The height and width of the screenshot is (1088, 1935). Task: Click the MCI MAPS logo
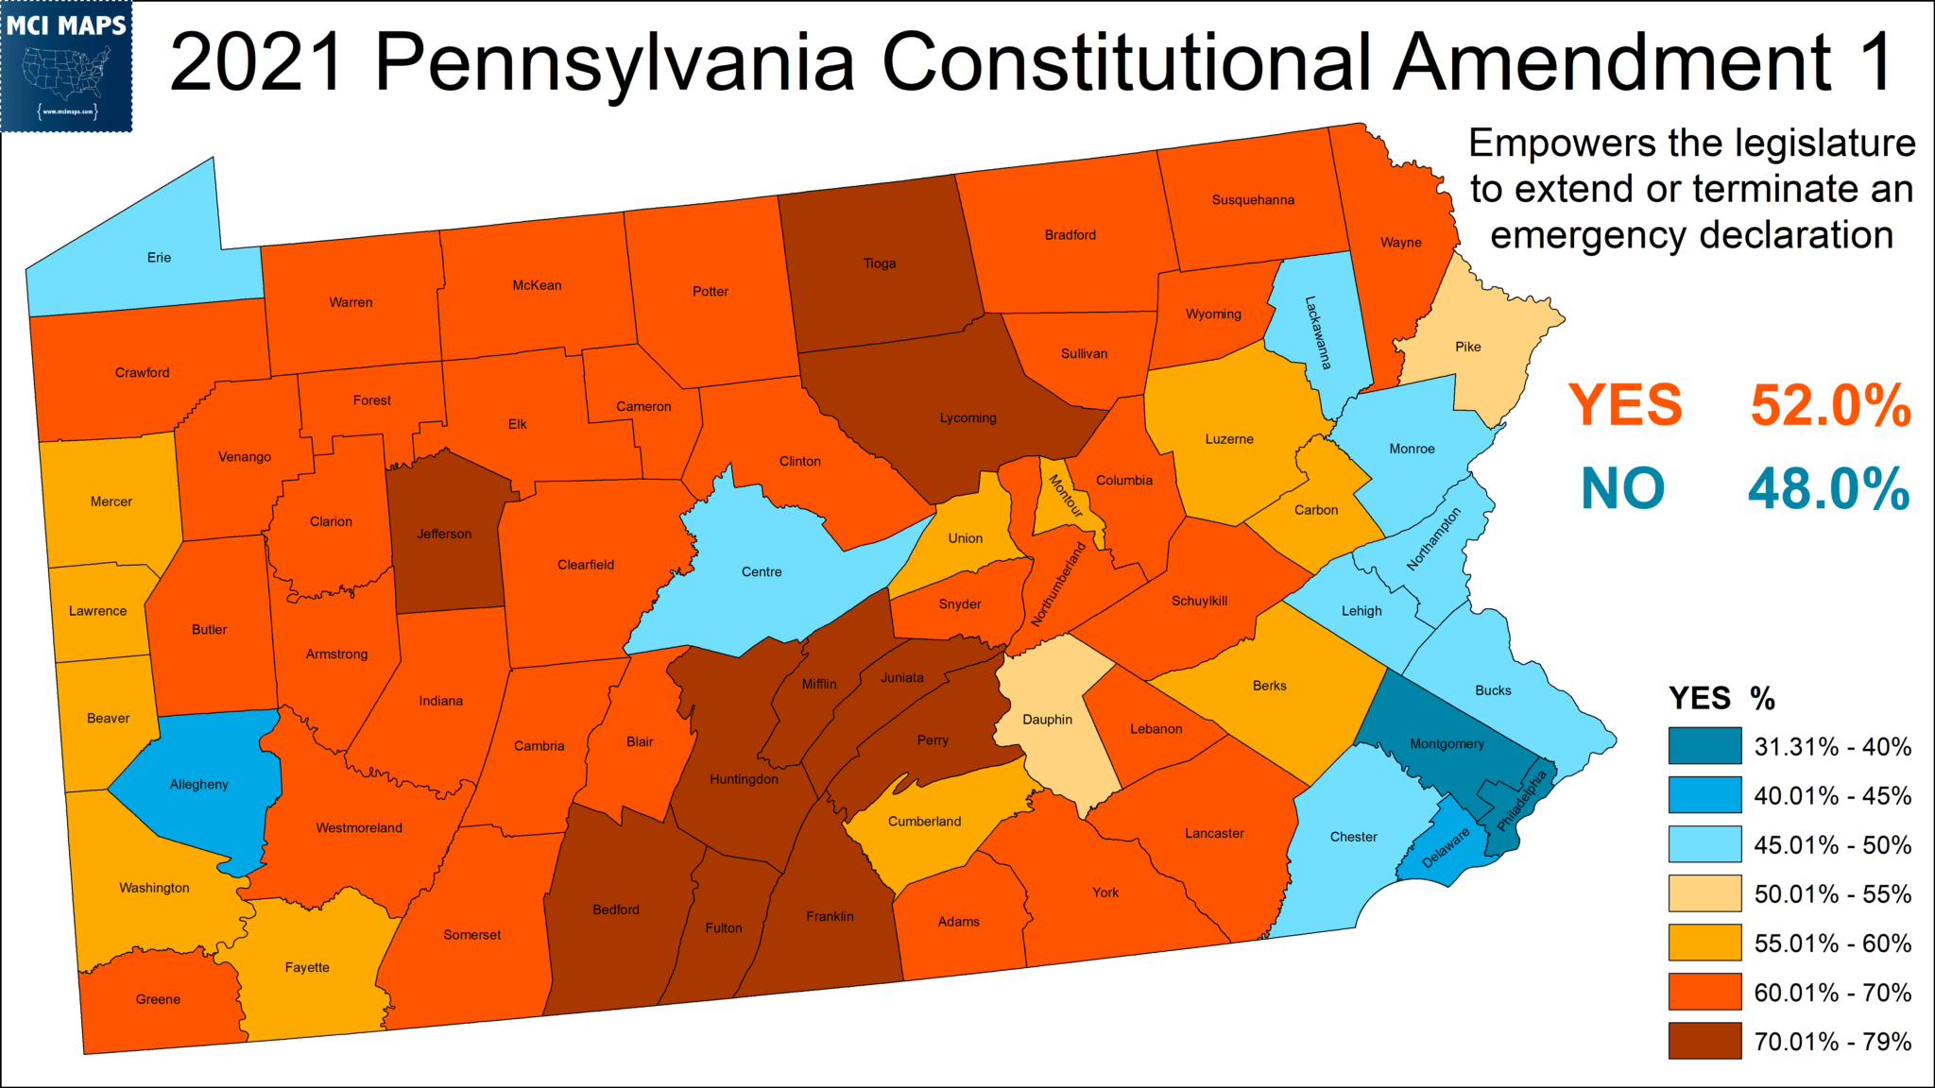click(x=66, y=66)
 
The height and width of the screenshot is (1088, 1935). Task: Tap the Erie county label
click(x=159, y=258)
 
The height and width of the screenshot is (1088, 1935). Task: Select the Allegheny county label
click(x=198, y=784)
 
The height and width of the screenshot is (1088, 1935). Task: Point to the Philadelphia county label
click(x=1521, y=801)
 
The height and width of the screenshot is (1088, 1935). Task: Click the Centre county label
click(x=762, y=572)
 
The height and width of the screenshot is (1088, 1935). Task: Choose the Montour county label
click(x=1065, y=496)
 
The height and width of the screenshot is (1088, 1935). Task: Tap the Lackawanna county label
click(x=1318, y=332)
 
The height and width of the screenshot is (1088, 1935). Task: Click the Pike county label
click(x=1467, y=347)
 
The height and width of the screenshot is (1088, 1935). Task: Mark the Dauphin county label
click(x=1047, y=720)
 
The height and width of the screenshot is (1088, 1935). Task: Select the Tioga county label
click(x=879, y=263)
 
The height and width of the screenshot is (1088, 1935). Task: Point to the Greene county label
click(x=158, y=999)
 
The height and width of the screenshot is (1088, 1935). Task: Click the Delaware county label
click(x=1446, y=847)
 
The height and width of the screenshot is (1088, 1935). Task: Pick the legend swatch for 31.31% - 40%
click(x=1704, y=746)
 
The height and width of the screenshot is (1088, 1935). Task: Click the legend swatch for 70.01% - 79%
click(x=1704, y=1041)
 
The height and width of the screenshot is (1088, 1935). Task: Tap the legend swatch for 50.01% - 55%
click(x=1704, y=893)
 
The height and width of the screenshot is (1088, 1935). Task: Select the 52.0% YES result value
click(x=1830, y=406)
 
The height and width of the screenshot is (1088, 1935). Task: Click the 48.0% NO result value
click(x=1828, y=489)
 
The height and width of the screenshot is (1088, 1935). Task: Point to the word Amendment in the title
click(x=1612, y=62)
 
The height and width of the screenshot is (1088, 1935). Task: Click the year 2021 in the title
click(x=256, y=62)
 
